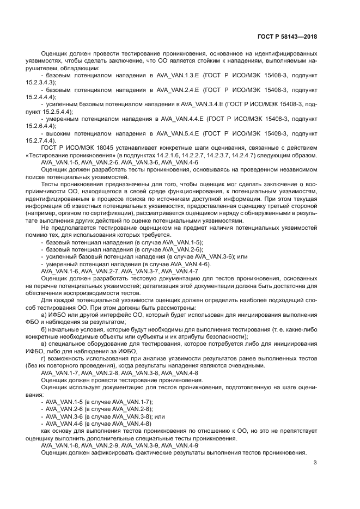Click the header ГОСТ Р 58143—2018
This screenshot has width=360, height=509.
pos(287,36)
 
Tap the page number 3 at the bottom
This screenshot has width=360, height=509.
pos(315,463)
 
